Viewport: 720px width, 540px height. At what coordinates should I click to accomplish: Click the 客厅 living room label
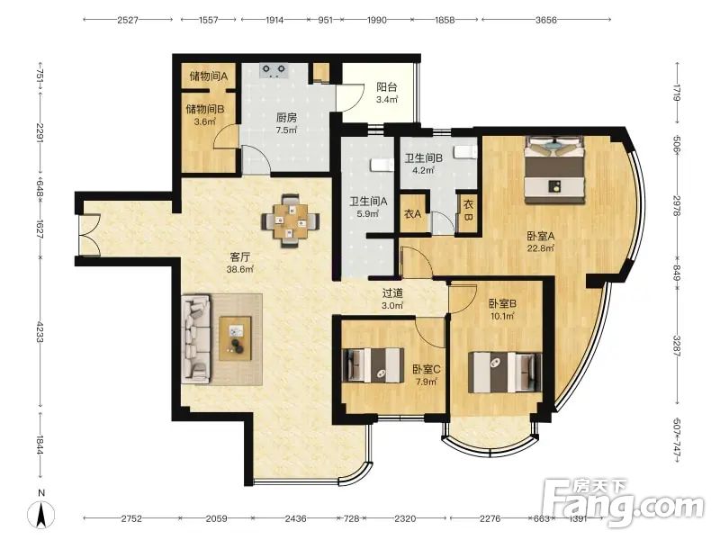(x=239, y=256)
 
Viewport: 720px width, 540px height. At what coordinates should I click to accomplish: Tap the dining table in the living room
(x=291, y=221)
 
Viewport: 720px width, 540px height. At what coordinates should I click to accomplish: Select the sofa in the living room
(x=196, y=339)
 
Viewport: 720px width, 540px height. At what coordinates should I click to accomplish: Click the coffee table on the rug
(x=235, y=338)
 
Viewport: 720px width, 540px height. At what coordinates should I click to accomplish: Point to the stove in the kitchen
(x=274, y=71)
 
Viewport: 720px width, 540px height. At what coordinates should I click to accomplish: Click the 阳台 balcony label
(x=387, y=87)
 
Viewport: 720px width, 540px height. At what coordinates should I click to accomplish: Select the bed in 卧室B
(x=505, y=373)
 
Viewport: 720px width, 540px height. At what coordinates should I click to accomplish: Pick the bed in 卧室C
(x=373, y=365)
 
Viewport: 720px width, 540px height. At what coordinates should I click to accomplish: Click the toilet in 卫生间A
(x=382, y=165)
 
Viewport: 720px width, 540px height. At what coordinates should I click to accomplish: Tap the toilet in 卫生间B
(x=466, y=152)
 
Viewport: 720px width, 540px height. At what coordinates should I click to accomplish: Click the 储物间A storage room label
(x=209, y=76)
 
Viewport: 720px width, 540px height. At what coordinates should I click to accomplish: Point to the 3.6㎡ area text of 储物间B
(x=205, y=121)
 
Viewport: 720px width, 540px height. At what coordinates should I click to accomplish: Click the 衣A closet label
(x=413, y=214)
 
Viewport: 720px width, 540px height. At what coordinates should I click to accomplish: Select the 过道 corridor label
(x=393, y=292)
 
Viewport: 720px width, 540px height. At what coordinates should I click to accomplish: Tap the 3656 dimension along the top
(x=545, y=20)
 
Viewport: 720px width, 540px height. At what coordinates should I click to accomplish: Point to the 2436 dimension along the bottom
(x=296, y=518)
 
